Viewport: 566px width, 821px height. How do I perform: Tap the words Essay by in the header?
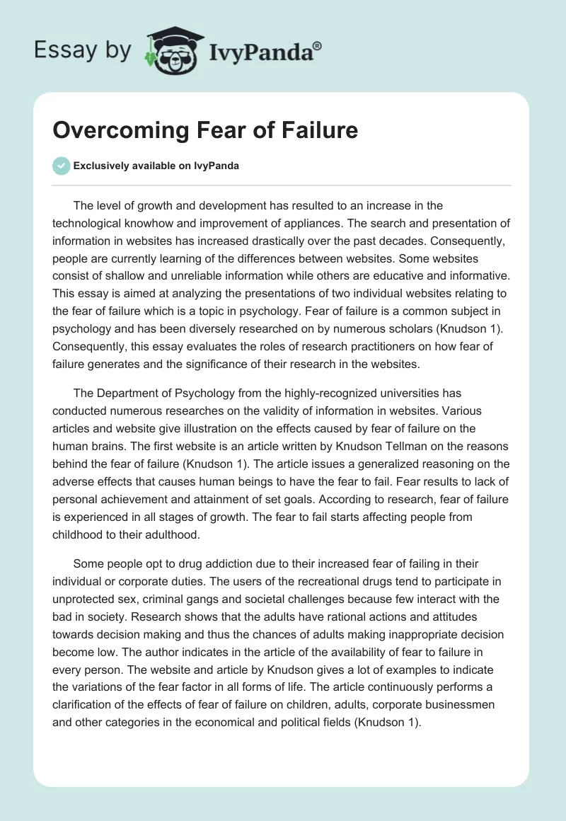tap(83, 50)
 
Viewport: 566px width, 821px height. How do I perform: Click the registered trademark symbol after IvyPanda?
tap(318, 46)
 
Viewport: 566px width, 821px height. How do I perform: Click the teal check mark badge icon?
tap(61, 166)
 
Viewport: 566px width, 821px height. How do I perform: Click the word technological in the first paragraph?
tap(86, 224)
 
